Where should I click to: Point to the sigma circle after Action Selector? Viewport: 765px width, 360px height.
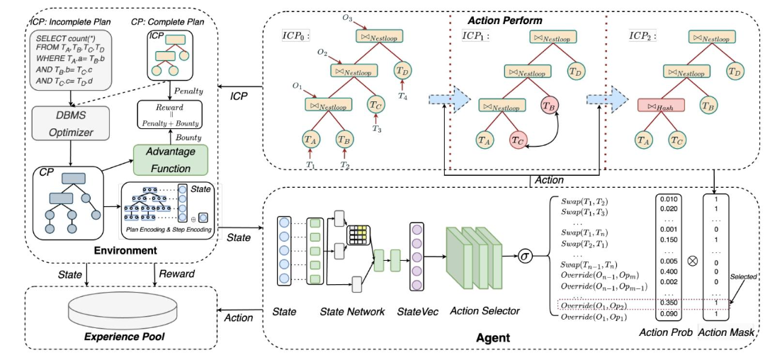pos(525,255)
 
